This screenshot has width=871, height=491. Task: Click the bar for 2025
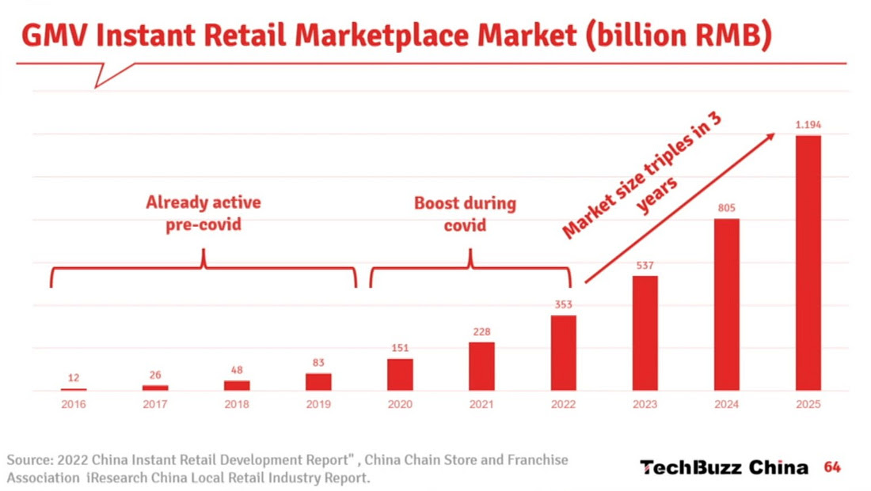808,262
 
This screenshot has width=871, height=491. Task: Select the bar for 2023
645,333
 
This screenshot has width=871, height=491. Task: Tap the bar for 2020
400,375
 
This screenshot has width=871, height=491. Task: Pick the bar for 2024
727,304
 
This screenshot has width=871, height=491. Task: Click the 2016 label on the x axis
74,404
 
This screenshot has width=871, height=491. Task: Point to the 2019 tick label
318,404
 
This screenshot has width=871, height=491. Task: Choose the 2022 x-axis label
563,404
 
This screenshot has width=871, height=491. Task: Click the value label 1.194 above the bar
808,124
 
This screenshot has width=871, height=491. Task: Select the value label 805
727,208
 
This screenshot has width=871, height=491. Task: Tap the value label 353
563,304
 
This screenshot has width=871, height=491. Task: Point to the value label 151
400,348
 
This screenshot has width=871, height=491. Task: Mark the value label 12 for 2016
74,378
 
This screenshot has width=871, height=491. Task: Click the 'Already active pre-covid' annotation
203,213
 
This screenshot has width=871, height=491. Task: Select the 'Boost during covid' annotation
465,213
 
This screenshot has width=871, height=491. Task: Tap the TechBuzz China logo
724,467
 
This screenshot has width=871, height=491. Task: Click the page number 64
832,467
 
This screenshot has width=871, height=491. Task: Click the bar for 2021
481,366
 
